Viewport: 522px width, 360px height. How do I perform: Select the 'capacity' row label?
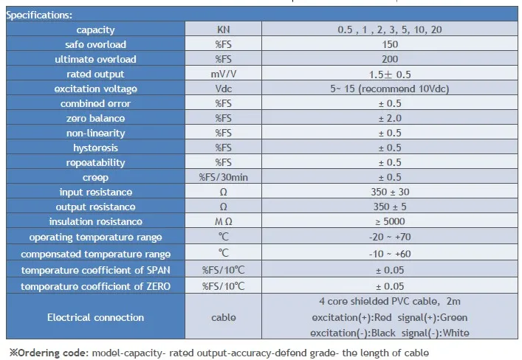[96, 30]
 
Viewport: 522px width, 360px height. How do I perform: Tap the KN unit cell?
[223, 30]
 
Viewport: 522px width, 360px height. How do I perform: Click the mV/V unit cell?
[223, 75]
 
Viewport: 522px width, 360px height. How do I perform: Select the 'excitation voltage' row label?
[96, 89]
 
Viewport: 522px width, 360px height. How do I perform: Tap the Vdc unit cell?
[223, 89]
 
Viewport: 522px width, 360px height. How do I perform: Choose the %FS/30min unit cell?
[223, 178]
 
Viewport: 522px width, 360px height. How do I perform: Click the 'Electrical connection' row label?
[96, 318]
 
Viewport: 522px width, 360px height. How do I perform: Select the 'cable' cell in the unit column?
[223, 318]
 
